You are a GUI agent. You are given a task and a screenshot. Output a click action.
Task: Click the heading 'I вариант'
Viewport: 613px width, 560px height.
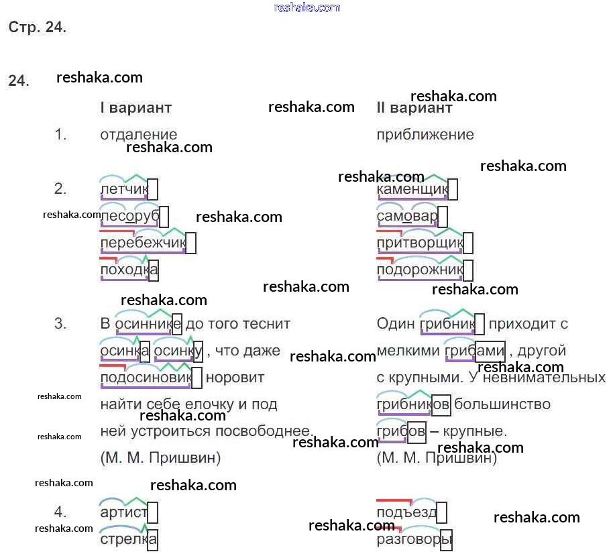pyautogui.click(x=135, y=108)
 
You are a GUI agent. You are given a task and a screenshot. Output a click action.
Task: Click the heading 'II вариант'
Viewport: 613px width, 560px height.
pyautogui.click(x=414, y=108)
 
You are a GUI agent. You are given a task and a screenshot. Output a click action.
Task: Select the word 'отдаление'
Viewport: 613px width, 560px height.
pyautogui.click(x=138, y=135)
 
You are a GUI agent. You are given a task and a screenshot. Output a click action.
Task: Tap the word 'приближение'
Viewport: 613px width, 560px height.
pyautogui.click(x=425, y=135)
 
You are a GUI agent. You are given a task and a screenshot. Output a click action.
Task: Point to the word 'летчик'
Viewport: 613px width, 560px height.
pyautogui.click(x=123, y=190)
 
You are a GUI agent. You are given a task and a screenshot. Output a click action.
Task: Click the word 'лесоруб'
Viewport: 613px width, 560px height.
pyautogui.click(x=129, y=217)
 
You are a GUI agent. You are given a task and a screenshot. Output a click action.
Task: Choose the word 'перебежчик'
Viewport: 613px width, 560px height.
pyautogui.click(x=142, y=243)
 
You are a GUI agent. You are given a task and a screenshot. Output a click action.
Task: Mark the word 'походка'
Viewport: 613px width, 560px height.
pyautogui.click(x=129, y=270)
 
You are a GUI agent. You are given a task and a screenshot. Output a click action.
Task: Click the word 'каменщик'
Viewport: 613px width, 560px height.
pyautogui.click(x=412, y=190)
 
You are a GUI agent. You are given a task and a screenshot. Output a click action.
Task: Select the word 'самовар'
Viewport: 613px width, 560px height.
pyautogui.click(x=407, y=217)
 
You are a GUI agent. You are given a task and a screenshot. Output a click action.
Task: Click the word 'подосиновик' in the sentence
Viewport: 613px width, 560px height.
pyautogui.click(x=146, y=378)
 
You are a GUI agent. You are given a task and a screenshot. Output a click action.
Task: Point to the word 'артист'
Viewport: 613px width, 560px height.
pyautogui.click(x=123, y=513)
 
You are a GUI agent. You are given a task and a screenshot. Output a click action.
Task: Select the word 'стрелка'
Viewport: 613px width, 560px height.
pyautogui.click(x=128, y=539)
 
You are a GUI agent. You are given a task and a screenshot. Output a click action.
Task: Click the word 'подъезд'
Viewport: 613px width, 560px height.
pyautogui.click(x=406, y=513)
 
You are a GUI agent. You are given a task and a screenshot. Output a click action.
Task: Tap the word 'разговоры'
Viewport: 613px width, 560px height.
pyautogui.click(x=414, y=539)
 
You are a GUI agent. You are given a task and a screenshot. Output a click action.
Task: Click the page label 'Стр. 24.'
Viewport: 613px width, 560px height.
pyautogui.click(x=37, y=27)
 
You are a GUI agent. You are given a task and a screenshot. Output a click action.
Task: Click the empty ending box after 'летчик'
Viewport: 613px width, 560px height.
pyautogui.click(x=153, y=190)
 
